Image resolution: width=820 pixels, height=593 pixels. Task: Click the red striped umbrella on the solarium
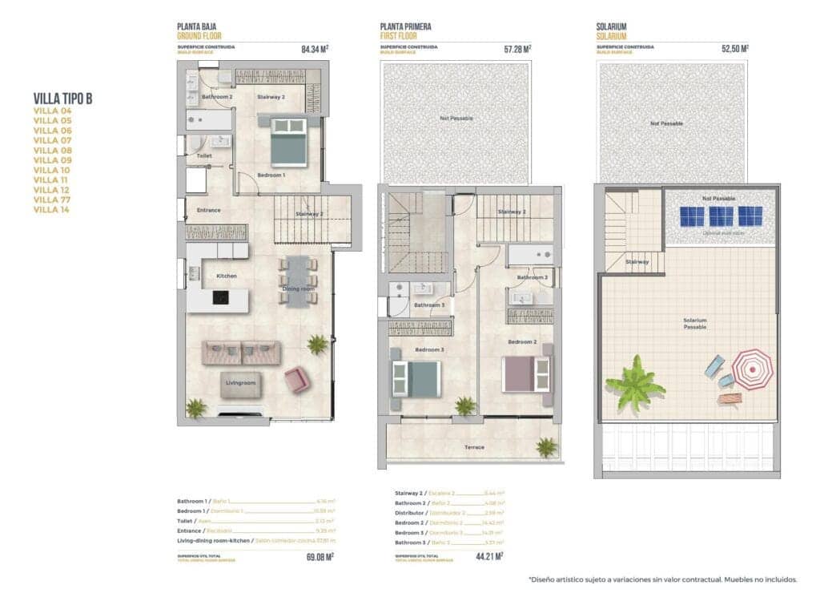coord(752,369)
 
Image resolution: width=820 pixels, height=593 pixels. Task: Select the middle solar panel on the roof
coord(721,216)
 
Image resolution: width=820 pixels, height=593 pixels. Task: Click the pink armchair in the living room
coord(297,379)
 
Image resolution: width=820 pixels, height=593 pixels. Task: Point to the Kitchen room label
coord(227,276)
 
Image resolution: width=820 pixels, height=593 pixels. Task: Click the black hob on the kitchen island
coord(220,297)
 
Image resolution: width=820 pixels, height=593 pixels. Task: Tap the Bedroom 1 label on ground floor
coord(271,175)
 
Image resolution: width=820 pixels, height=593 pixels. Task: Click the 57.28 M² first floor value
coord(517,50)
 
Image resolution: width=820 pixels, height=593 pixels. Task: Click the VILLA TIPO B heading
coord(62,99)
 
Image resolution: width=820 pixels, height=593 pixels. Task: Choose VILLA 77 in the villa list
coord(52,200)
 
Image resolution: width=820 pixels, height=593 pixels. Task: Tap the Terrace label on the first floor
coord(474,446)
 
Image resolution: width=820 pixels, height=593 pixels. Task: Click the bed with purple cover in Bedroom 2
coord(526,373)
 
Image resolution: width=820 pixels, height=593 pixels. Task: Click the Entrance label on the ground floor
coord(208,210)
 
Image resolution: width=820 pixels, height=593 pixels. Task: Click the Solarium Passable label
coord(694,324)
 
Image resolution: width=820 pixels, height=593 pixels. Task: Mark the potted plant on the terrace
coord(546,447)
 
